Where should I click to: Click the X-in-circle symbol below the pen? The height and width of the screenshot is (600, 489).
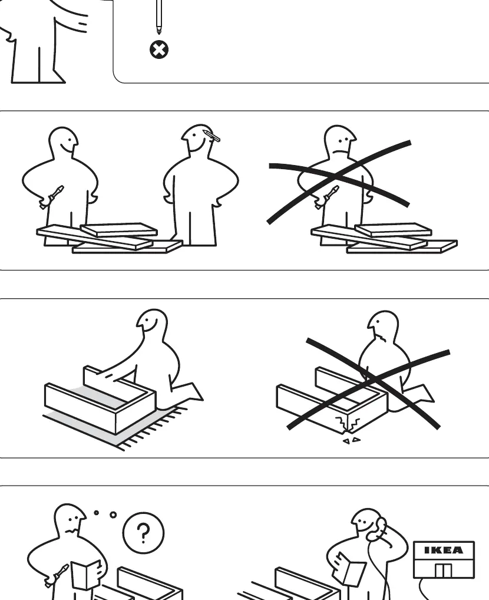click(x=159, y=50)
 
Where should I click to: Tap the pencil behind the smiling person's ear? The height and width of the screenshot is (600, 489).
click(x=212, y=136)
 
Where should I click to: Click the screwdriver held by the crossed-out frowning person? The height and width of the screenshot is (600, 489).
click(x=326, y=197)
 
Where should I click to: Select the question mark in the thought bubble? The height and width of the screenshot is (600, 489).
click(x=144, y=533)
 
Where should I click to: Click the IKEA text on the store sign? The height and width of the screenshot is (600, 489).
click(x=444, y=550)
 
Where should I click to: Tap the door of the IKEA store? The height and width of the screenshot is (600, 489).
click(x=444, y=570)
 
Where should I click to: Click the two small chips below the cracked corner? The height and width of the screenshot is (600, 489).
click(x=351, y=440)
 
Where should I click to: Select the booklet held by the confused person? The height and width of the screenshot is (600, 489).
click(x=87, y=575)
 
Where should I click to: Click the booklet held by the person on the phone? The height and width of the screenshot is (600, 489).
click(x=350, y=568)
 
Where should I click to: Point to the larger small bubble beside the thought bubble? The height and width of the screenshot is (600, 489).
click(x=113, y=515)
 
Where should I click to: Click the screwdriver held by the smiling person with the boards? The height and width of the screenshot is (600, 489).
click(x=52, y=197)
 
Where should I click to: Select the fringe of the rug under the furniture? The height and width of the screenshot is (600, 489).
click(x=153, y=428)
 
